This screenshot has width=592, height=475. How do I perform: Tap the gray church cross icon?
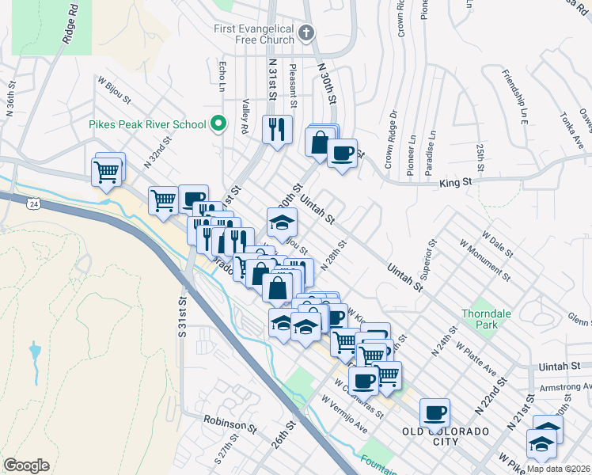click(x=308, y=33)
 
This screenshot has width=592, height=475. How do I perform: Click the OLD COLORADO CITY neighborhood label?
click(x=446, y=431)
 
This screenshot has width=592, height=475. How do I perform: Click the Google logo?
click(x=26, y=465)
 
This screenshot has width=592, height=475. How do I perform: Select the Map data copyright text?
click(x=558, y=469)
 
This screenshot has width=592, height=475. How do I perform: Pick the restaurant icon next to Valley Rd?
click(x=277, y=129)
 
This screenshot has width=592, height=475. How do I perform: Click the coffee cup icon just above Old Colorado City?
click(x=435, y=412)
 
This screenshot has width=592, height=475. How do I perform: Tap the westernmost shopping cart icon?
click(x=108, y=170)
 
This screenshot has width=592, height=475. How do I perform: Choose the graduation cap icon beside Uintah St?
click(x=281, y=223)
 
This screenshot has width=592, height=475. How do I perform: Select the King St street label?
click(x=455, y=183)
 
